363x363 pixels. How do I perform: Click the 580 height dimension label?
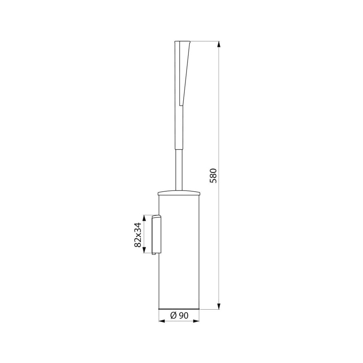[x=213, y=175]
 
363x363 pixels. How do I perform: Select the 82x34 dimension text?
[x=138, y=234]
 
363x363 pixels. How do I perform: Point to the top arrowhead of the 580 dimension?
[x=219, y=44]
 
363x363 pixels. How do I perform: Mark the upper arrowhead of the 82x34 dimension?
[x=144, y=218]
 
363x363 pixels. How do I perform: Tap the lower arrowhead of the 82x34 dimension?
[x=144, y=250]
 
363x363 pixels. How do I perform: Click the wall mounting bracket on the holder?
[x=156, y=234]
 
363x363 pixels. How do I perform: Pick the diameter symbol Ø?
[x=174, y=316]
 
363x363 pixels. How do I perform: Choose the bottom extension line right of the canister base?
[x=209, y=309]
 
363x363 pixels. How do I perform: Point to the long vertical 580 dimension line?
[x=219, y=109]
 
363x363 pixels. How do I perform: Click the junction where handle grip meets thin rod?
[x=179, y=149]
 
